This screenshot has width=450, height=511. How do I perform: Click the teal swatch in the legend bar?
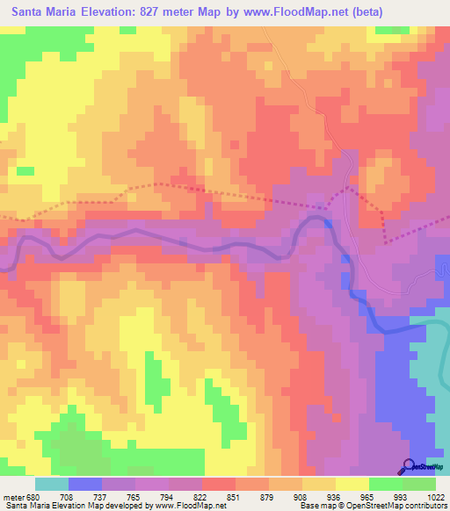(52, 484)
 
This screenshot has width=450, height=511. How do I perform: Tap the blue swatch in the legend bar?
(85, 484)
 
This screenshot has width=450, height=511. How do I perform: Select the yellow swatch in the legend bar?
(352, 484)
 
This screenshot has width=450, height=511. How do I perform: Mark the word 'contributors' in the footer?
(425, 506)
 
